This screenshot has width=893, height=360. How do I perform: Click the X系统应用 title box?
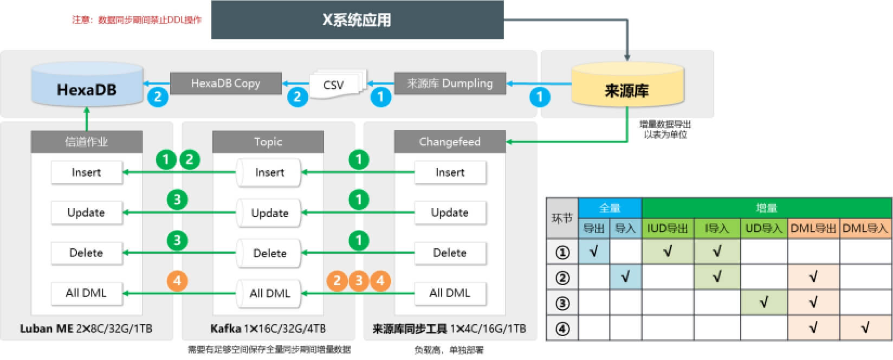[357, 20]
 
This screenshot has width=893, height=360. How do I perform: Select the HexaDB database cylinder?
[87, 87]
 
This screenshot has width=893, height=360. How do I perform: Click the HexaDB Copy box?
[225, 83]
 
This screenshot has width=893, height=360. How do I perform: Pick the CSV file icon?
[335, 85]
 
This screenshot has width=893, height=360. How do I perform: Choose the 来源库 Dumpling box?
[450, 83]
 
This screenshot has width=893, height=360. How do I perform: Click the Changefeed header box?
[450, 142]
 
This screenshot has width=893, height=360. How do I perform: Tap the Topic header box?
[268, 142]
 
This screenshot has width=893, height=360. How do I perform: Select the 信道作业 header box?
[87, 142]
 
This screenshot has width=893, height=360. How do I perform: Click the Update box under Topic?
[269, 213]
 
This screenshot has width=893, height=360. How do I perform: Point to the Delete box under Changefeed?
[450, 253]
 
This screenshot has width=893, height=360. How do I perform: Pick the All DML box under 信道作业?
[87, 293]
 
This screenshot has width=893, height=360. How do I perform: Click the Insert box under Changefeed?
[450, 172]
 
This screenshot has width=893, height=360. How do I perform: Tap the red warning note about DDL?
[137, 20]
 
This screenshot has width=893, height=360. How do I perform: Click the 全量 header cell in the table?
[610, 208]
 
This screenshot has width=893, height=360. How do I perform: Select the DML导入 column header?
[865, 228]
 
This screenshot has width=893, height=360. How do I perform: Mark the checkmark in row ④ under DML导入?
[865, 327]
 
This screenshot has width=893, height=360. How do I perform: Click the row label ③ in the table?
[562, 303]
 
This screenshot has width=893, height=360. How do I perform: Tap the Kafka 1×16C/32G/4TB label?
[268, 329]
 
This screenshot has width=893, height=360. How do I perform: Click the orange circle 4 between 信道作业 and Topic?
[177, 280]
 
